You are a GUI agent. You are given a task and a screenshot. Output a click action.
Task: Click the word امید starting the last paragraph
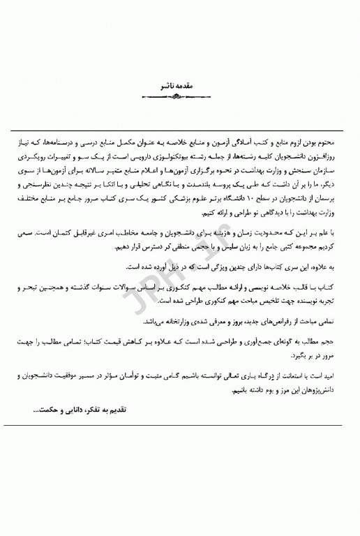point(336,375)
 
